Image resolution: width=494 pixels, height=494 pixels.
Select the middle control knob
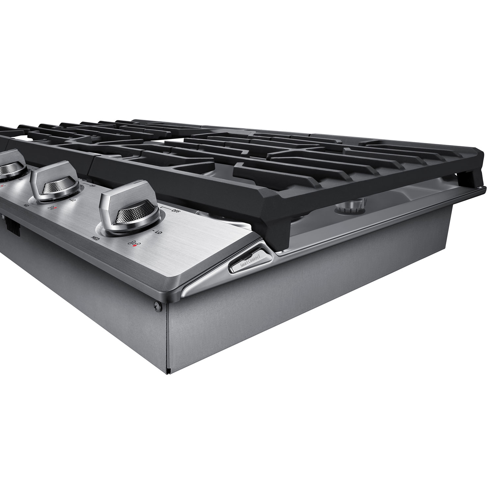point(54,182)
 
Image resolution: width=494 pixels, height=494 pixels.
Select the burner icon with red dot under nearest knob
point(134,244)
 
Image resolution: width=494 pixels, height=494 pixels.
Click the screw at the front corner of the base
point(157,306)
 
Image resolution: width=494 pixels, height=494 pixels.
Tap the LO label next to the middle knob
point(73,200)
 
